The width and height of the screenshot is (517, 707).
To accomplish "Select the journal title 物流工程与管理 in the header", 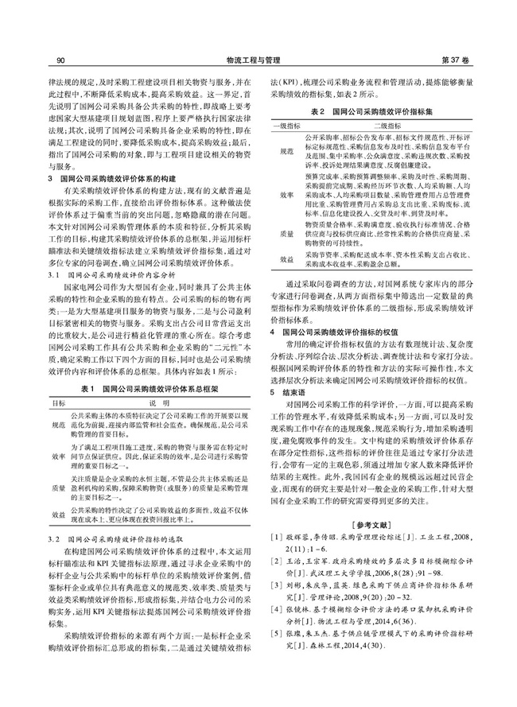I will point(259,60).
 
